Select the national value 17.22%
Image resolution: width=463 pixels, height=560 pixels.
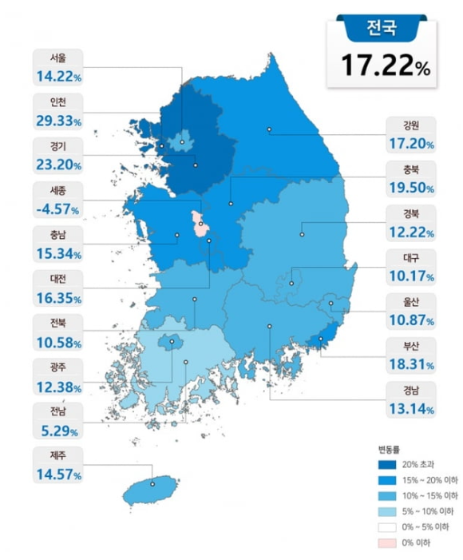point(387,65)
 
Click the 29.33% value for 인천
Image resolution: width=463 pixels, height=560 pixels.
point(57,121)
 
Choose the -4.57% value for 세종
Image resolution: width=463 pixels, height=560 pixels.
point(57,210)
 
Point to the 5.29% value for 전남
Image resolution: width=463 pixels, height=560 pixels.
point(57,431)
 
